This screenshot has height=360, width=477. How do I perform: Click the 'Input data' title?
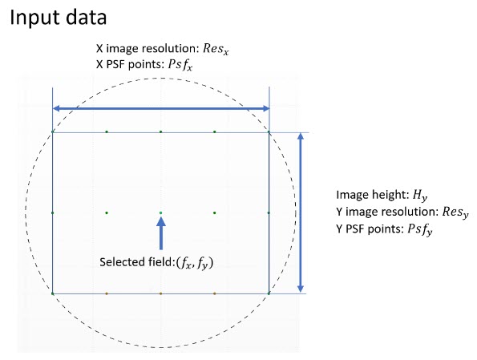pos(58,18)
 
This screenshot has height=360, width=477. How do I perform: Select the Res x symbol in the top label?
pos(216,49)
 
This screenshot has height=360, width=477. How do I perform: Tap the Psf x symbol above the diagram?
pos(180,64)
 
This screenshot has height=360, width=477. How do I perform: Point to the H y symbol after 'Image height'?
pos(420,195)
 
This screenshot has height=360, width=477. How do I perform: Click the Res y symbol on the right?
pos(455,212)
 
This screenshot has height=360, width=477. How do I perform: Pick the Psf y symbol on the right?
pos(420,229)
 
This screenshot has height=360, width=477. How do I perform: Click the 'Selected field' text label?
pos(136,262)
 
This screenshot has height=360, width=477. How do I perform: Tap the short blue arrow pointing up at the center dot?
pos(161,233)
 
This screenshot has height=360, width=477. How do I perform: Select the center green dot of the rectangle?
pos(160,213)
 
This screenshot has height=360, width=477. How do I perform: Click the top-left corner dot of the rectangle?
pos(53,131)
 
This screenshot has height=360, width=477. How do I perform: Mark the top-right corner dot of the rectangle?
pos(269,131)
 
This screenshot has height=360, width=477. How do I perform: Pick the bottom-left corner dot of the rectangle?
pos(53,293)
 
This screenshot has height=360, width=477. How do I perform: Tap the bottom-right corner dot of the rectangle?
pos(269,293)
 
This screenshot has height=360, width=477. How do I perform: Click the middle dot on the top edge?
pos(160,131)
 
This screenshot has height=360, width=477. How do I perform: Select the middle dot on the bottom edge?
pos(160,293)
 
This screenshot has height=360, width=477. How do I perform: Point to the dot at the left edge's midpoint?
pos(53,213)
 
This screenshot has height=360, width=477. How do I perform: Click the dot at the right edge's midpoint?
pos(269,213)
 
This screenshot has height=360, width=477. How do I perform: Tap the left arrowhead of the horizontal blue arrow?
pos(56,108)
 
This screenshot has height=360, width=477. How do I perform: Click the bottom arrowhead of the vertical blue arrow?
pos(301,289)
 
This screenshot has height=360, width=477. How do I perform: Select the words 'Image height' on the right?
pos(372,195)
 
